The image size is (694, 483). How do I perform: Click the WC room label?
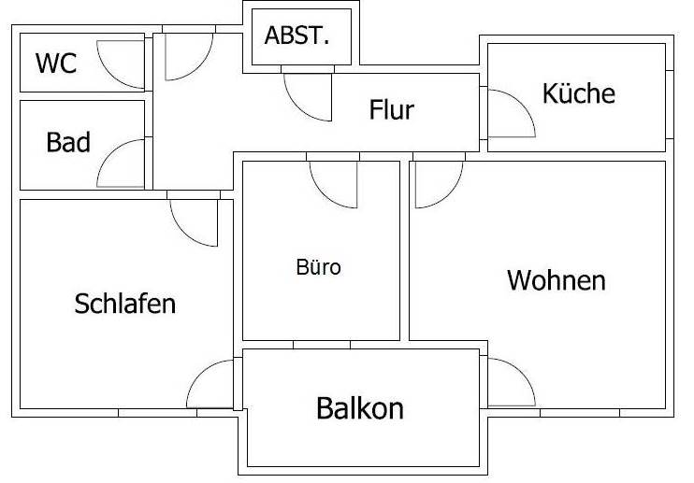56,64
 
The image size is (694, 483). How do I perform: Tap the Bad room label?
68,142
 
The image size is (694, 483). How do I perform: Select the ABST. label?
297,36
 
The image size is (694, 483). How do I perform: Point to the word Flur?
392,109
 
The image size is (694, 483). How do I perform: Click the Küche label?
579,93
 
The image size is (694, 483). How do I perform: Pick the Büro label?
319,267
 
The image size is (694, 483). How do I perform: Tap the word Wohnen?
557,280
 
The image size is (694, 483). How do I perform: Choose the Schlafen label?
124,304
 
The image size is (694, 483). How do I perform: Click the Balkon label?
360,408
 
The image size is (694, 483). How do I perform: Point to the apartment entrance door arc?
198,65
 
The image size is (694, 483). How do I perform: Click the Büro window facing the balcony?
322,345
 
